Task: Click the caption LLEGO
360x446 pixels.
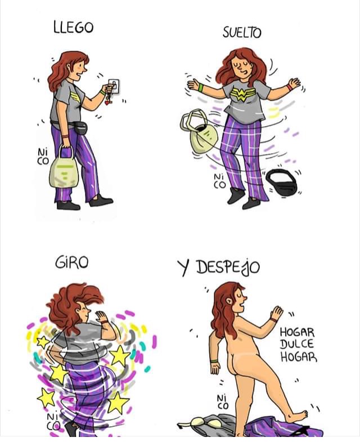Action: click(73, 28)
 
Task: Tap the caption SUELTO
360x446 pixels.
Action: click(242, 33)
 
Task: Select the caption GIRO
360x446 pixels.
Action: click(71, 262)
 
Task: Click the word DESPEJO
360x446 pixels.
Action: click(228, 267)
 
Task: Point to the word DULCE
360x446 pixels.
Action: click(297, 344)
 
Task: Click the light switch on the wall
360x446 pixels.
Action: click(114, 86)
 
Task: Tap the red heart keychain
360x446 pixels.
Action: click(107, 101)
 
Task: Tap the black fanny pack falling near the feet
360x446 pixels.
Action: click(281, 181)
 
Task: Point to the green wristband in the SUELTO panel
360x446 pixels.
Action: click(201, 87)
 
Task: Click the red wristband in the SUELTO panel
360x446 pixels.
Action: click(289, 87)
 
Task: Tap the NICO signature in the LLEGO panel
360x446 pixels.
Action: click(43, 157)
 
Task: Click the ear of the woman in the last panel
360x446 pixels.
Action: click(228, 301)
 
